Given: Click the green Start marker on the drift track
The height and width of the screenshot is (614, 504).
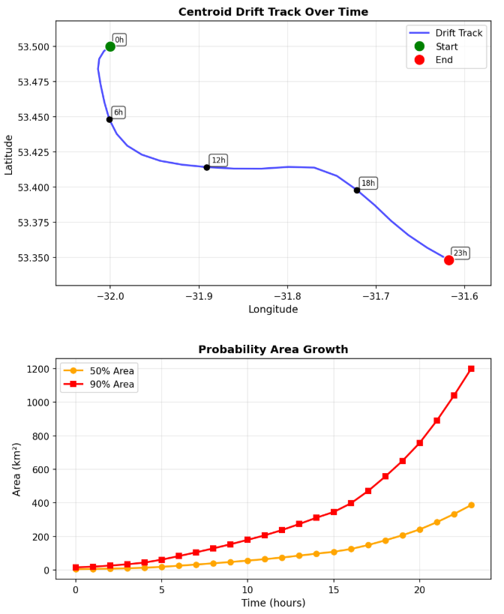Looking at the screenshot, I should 110,46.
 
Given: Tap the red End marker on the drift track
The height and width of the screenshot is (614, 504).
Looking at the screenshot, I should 448,260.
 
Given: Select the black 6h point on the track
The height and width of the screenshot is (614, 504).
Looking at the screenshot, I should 109,119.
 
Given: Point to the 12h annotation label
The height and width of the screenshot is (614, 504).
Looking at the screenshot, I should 218,160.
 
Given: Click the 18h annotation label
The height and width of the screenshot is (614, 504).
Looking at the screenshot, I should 368,183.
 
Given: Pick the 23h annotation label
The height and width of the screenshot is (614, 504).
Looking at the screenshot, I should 460,253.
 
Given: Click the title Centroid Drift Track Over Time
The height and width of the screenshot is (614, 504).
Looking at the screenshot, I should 273,12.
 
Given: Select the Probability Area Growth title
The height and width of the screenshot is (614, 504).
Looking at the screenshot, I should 273,349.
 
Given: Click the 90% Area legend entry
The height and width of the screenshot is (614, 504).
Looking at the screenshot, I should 112,385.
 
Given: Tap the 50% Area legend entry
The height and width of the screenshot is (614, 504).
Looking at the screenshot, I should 112,371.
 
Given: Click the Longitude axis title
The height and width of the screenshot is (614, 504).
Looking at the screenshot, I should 273,309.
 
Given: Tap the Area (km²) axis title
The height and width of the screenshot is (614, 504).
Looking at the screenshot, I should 17,469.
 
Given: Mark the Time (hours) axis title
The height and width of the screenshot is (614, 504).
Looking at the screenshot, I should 273,603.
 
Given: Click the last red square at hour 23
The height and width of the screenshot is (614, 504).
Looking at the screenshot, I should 471,369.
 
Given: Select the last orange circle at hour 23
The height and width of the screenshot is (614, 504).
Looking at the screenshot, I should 471,505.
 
